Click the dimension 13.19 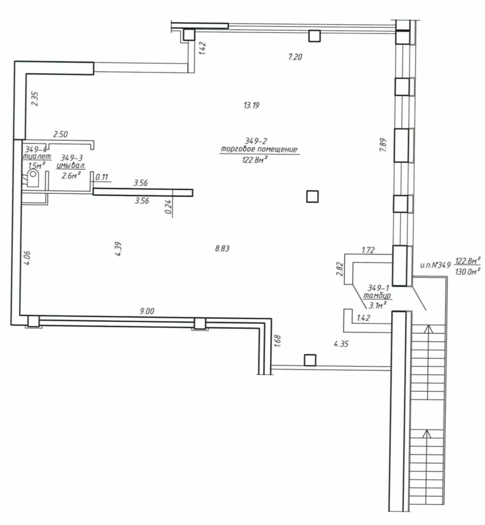251,106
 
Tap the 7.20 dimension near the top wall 295,57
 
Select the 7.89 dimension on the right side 383,145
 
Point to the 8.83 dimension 222,248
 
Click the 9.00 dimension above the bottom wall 147,311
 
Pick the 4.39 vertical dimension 118,249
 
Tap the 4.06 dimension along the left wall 27,258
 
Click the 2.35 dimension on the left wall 35,99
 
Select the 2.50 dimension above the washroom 61,134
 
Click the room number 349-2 256,141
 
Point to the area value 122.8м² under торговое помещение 255,160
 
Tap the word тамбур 377,296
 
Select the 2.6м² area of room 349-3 71,175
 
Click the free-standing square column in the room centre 312,197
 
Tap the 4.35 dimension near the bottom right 341,344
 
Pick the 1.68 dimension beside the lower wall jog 277,341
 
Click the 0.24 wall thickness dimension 168,207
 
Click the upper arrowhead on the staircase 428,328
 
